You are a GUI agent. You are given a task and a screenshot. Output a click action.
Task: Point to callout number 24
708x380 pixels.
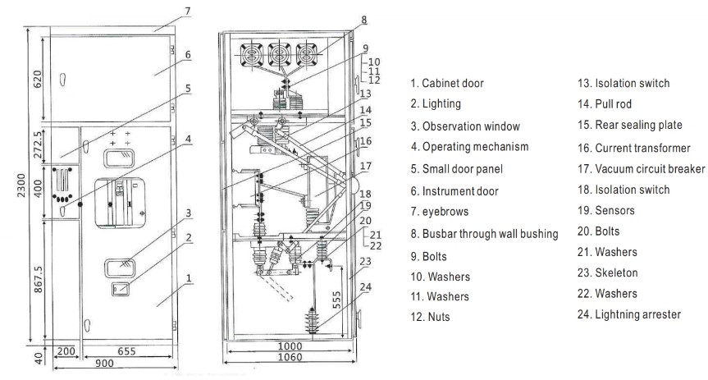click(x=366, y=287)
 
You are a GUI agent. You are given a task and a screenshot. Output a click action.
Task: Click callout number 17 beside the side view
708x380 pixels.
click(x=366, y=165)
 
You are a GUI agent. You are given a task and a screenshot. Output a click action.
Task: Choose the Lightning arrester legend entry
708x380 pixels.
click(x=629, y=314)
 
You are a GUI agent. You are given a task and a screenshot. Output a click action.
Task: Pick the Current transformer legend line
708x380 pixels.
click(x=631, y=147)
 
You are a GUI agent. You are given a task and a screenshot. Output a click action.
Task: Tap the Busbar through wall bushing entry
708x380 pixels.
click(x=485, y=233)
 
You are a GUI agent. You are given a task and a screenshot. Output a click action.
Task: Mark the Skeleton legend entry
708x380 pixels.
click(x=608, y=272)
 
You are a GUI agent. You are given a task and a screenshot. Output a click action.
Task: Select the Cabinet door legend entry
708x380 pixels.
click(x=447, y=83)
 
